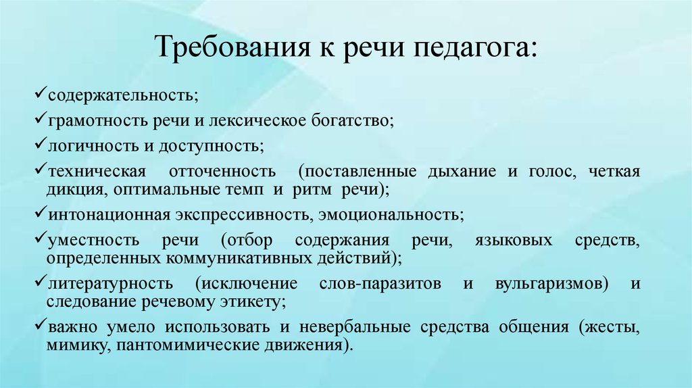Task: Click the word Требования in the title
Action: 233,47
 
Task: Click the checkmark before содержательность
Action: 40,93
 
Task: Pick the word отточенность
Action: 222,171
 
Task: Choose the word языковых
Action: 514,241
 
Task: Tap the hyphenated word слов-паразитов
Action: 380,284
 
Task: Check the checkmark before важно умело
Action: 40,326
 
